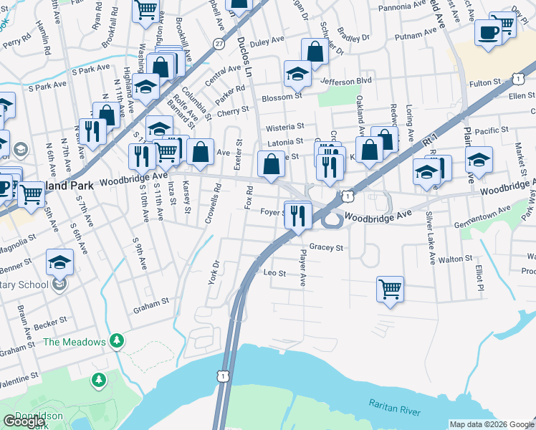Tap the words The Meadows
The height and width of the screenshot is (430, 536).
74,342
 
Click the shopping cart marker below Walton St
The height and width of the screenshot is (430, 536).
390,289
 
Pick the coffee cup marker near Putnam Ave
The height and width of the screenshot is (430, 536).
489,32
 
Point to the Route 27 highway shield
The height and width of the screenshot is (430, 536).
218,44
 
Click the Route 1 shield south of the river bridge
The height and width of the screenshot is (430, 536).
224,376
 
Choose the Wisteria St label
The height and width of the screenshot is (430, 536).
285,127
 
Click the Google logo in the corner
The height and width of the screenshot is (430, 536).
24,421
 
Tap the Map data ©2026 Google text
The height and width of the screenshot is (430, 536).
492,424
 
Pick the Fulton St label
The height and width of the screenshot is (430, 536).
484,83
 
